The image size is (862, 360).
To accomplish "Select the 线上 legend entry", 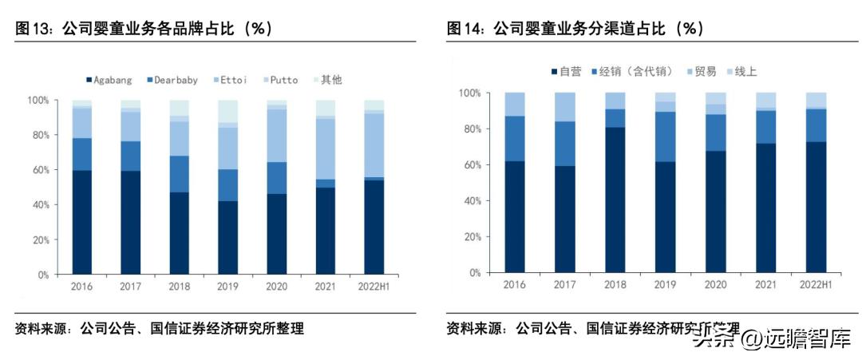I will tap(745, 72).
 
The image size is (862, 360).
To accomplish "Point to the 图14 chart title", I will tap(575, 29).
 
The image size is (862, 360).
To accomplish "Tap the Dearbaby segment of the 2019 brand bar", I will tap(227, 184).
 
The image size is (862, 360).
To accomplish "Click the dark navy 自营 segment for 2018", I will tap(615, 200).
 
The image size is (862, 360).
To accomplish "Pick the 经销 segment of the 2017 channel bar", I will tap(565, 144).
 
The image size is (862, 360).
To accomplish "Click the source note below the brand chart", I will tap(160, 329).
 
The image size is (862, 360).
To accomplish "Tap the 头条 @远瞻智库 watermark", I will tap(770, 339).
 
